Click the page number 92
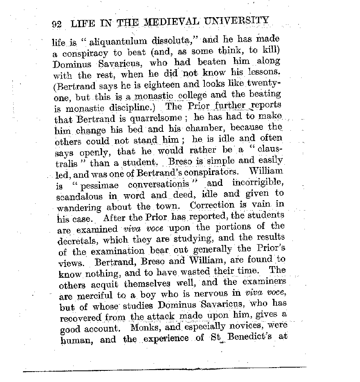[x=56, y=24]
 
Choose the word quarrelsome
[x=149, y=119]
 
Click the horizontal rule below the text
[x=164, y=369]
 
